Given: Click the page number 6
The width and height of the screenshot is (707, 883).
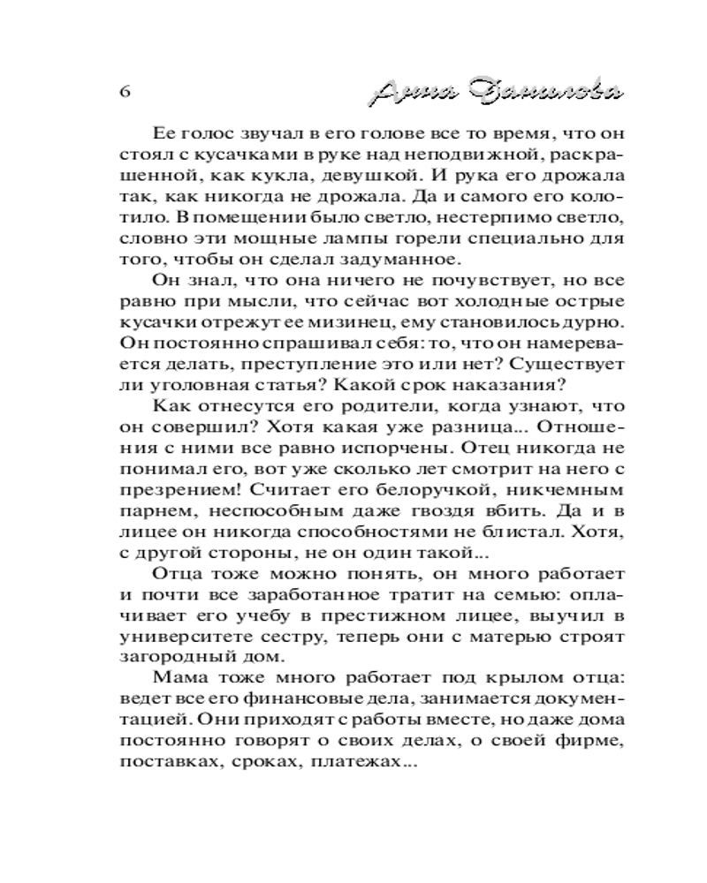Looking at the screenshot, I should point(124,93).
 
